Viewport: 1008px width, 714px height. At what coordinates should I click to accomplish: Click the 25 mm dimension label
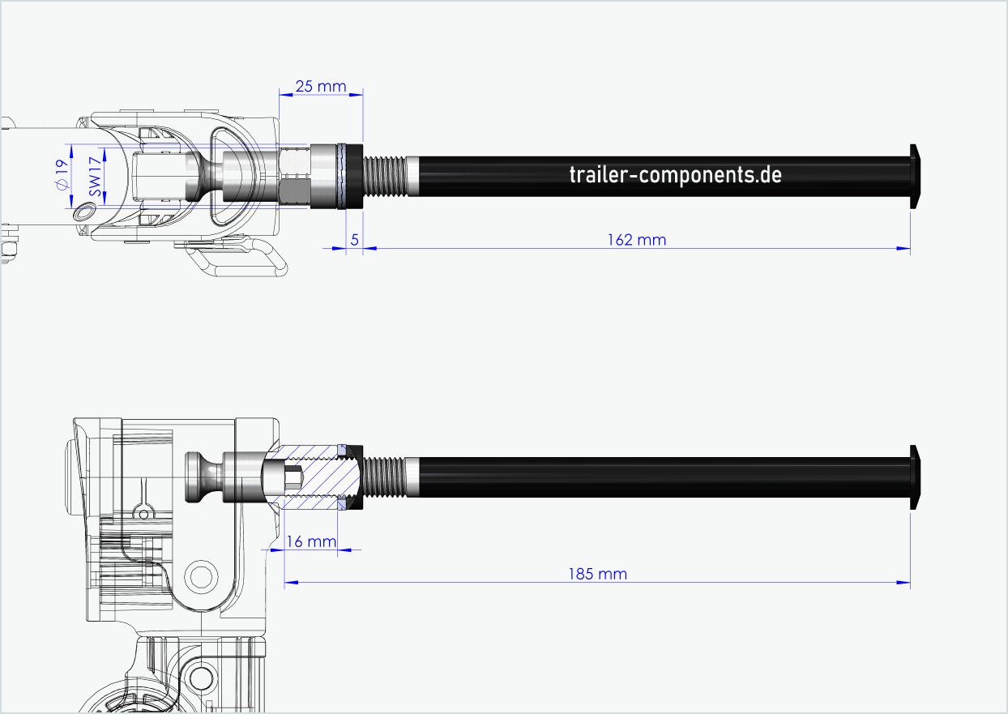click(x=320, y=86)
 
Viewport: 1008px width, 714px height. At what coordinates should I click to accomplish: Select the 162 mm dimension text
click(x=636, y=240)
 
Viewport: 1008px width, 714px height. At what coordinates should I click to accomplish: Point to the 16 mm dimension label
click(x=311, y=541)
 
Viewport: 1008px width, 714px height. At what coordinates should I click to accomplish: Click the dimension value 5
click(x=354, y=240)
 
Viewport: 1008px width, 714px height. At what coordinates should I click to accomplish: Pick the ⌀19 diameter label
click(x=61, y=175)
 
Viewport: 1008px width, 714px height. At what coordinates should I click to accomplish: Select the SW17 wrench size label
click(x=94, y=176)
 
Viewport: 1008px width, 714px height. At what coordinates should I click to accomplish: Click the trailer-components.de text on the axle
click(x=675, y=174)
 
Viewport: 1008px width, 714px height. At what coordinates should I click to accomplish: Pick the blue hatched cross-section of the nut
click(x=324, y=478)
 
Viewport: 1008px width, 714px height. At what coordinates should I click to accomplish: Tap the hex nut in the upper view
click(x=294, y=176)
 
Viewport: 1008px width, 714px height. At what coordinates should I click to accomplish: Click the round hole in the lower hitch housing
click(x=200, y=576)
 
